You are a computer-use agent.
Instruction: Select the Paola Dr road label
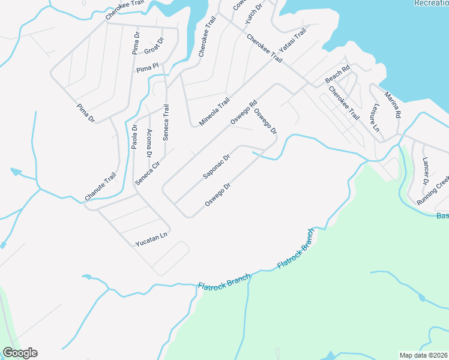134,137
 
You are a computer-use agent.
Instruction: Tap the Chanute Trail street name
100,187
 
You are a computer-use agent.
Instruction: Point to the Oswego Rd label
243,112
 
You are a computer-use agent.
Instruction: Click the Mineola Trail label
215,112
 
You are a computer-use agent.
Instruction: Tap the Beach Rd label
337,75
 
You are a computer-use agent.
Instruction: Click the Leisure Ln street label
376,118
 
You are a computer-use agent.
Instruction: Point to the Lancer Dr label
426,170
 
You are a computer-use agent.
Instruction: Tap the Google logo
20,353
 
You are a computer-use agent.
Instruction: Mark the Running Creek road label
433,191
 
